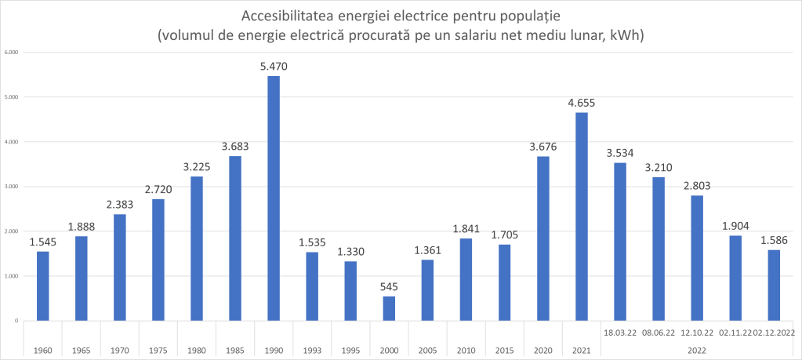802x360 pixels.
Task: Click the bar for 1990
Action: (274, 198)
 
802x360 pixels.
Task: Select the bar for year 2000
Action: (389, 308)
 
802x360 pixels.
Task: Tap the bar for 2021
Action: (581, 216)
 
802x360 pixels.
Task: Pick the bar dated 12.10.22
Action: (696, 258)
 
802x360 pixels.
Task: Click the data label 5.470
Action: (274, 67)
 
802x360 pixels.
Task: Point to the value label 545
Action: (389, 287)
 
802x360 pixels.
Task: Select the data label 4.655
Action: (581, 103)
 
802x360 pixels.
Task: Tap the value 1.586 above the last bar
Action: (773, 240)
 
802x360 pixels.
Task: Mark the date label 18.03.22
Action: (619, 333)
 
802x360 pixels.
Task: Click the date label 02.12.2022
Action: (773, 333)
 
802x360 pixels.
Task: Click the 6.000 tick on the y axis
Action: (12, 53)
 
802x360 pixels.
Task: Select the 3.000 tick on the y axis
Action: (12, 187)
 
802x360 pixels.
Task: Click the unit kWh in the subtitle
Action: (624, 35)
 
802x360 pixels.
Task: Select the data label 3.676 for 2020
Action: (543, 147)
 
